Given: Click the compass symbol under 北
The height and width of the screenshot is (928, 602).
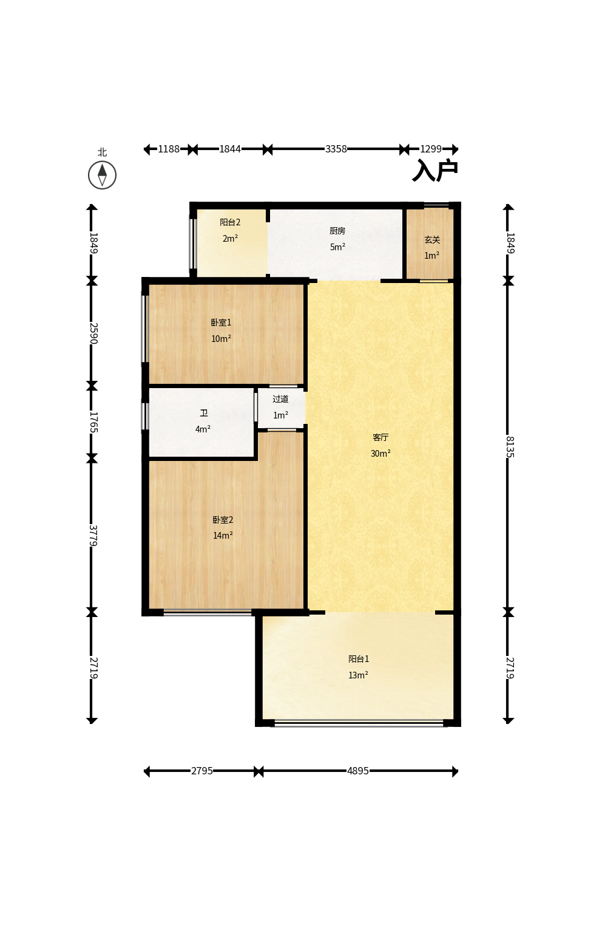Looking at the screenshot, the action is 103,176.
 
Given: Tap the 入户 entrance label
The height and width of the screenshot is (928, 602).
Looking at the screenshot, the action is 435,170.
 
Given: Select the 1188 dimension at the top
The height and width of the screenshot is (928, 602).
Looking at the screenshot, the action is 169,149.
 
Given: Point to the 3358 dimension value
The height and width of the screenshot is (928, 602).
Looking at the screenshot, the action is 336,149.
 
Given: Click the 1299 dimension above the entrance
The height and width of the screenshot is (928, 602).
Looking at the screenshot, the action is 431,149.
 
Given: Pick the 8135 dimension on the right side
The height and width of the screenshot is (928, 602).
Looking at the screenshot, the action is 510,446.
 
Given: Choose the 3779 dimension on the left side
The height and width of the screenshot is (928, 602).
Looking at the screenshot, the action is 93,535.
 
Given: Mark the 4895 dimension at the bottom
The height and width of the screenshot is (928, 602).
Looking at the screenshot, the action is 358,771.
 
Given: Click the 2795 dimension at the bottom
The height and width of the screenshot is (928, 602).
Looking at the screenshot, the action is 202,771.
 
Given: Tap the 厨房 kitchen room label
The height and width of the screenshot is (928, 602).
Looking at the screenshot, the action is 337,231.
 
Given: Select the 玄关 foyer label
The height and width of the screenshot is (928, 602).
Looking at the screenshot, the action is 432,240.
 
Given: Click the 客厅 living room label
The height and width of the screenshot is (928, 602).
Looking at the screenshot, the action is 380,437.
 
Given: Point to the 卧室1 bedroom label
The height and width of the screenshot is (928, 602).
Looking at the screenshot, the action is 221,322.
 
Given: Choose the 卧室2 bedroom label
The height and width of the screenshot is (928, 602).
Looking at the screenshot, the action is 223,519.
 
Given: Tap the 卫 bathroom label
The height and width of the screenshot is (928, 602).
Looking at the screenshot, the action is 203,413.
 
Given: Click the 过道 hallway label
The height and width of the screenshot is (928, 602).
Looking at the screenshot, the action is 280,399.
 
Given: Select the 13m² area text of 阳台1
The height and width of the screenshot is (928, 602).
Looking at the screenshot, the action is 358,675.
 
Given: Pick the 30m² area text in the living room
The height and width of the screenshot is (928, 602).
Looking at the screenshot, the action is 380,454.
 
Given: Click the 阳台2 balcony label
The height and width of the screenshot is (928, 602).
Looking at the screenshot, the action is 230,222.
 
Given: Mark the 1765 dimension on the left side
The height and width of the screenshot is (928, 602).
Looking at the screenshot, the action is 93,422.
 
